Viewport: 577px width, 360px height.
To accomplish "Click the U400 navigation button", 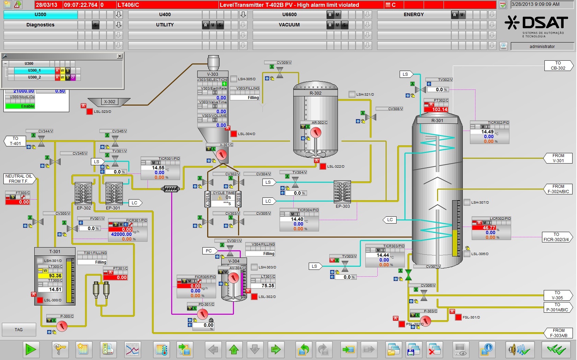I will pos(165,14).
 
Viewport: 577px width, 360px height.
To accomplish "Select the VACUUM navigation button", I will pos(289,25).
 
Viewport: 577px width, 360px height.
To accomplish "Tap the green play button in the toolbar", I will pos(31,349).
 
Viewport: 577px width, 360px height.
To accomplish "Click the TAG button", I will pos(19,329).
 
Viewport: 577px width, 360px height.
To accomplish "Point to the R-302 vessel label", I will pos(316,93).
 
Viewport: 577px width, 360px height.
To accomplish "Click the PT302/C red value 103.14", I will pos(436,109).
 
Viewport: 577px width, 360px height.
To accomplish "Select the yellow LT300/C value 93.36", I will pos(50,276).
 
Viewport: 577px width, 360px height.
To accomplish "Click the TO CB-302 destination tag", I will pos(558,65).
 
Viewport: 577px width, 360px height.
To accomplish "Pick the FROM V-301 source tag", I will pos(558,158).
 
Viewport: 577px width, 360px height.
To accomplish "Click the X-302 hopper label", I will pos(110,101).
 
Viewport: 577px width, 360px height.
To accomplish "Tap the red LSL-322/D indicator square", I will pos(323,166).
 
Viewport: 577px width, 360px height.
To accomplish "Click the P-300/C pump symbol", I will pos(62,326).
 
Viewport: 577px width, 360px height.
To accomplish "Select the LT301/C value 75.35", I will pos(263,286).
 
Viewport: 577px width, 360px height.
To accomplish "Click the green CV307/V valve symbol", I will pos(408,275).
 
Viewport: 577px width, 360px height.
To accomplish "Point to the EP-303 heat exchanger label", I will pos(343,206).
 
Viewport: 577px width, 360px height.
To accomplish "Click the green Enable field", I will pos(20,106).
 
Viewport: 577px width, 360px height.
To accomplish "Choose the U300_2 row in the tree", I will pos(34,77).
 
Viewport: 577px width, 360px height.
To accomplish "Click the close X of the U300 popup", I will pos(119,56).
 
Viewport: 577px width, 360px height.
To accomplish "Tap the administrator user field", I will pos(542,46).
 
